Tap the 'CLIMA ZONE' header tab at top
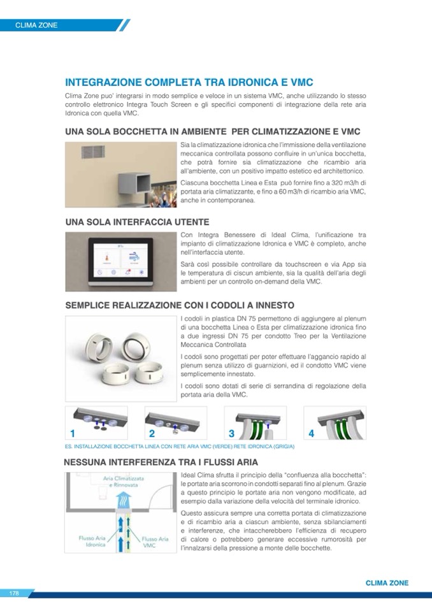[37, 25]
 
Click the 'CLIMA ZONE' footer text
[387, 583]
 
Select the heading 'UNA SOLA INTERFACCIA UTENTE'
[138, 222]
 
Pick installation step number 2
[152, 434]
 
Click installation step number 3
[232, 434]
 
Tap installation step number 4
[311, 434]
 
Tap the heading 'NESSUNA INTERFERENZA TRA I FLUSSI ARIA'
[161, 462]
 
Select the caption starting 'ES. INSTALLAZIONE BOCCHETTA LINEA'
[180, 447]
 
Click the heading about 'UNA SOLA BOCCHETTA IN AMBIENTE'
[213, 132]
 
